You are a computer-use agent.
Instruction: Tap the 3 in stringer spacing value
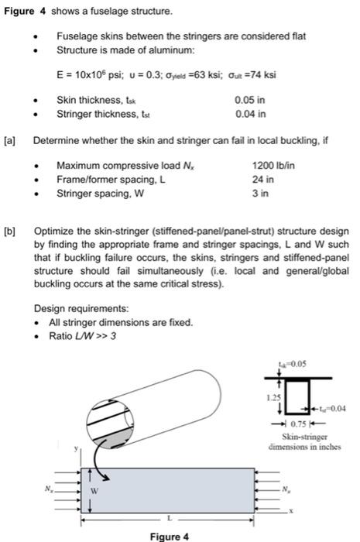(258, 194)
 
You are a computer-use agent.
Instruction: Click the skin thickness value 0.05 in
(249, 100)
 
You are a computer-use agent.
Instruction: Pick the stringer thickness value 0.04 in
(249, 114)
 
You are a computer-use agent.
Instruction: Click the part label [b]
(9, 230)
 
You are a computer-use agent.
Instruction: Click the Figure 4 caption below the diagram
(170, 535)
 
